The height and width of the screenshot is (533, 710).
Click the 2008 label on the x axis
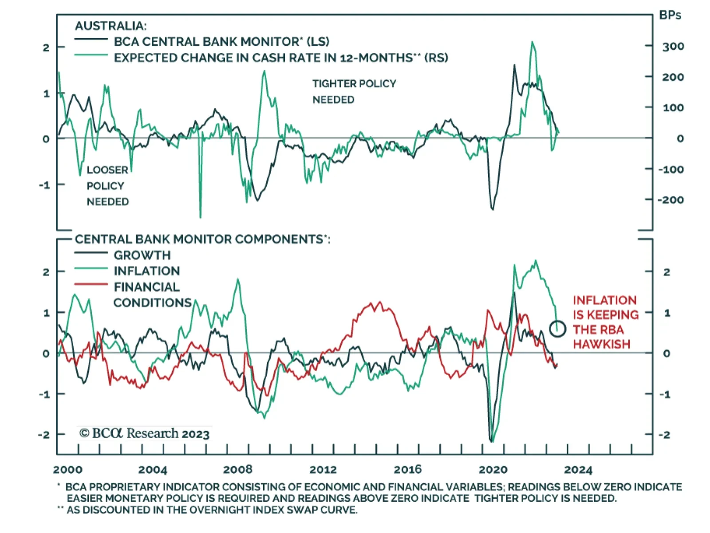click(237, 470)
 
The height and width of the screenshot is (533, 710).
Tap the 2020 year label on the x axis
click(493, 470)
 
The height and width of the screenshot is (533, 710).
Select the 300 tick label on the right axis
click(673, 47)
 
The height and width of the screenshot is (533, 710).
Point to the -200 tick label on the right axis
click(671, 200)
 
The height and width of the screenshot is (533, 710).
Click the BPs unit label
click(670, 16)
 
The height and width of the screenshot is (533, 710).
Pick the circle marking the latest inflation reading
click(557, 329)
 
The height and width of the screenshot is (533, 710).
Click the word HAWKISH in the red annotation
click(601, 345)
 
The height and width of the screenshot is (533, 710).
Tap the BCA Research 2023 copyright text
click(145, 433)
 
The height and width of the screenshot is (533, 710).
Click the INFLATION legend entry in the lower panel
click(146, 271)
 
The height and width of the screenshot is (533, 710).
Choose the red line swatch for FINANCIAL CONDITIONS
click(91, 284)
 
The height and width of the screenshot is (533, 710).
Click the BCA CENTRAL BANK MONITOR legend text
click(221, 42)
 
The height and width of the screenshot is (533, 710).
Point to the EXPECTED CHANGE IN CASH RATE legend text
click(280, 58)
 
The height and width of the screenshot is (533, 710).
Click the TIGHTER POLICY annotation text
click(354, 84)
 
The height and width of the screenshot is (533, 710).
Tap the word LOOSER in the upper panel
click(107, 170)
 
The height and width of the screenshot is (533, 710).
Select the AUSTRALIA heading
click(110, 26)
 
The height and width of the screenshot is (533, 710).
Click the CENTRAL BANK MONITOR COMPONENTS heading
click(202, 239)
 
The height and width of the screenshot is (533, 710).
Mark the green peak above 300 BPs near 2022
click(532, 43)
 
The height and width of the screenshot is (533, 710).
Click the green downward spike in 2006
click(201, 216)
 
